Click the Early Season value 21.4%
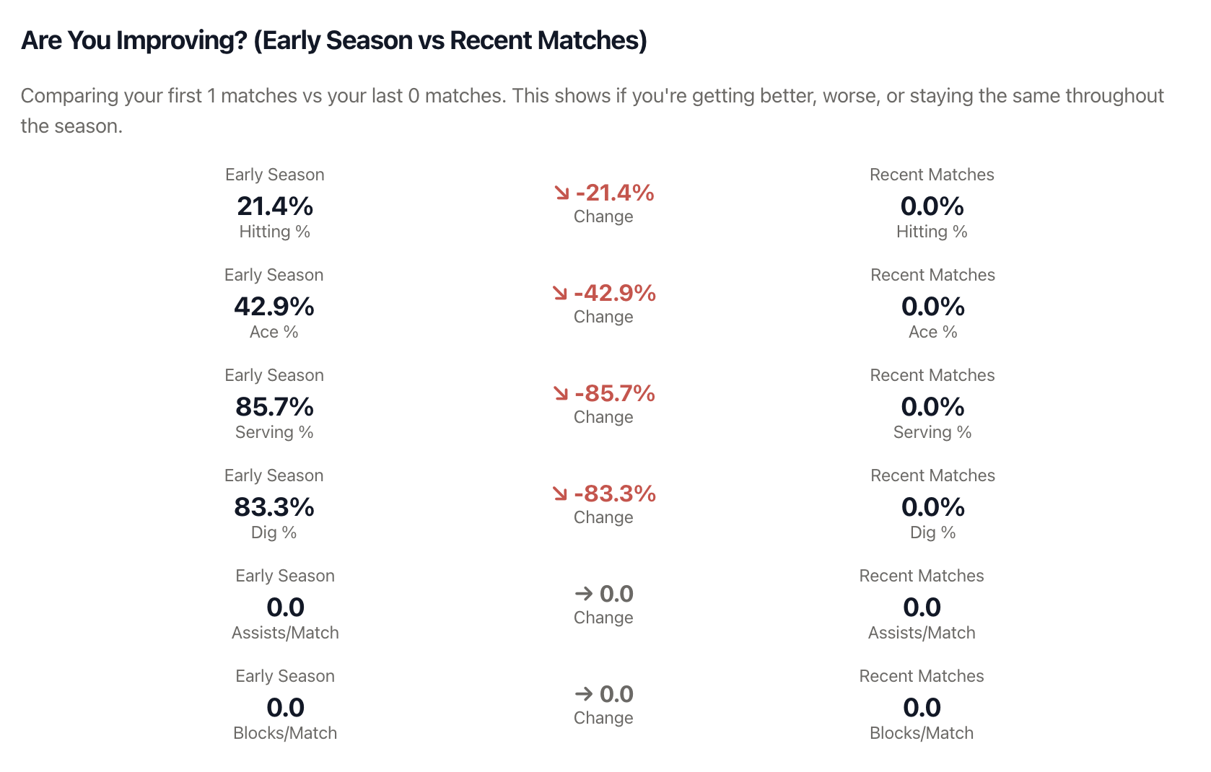[275, 206]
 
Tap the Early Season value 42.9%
[274, 307]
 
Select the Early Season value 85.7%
[274, 407]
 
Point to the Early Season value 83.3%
[274, 507]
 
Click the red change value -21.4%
[615, 193]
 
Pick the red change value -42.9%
[615, 293]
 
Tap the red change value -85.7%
[615, 393]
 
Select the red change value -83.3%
[615, 494]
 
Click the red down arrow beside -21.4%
[561, 193]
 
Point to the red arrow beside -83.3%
[560, 494]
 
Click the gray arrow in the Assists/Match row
[583, 594]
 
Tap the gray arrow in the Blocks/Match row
[583, 694]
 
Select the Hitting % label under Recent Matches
[932, 232]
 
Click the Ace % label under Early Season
[274, 332]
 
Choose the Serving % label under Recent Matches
[932, 432]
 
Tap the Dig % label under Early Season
[274, 532]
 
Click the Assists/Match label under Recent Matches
[922, 633]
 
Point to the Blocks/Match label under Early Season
[285, 733]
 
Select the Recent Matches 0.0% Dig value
[933, 507]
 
